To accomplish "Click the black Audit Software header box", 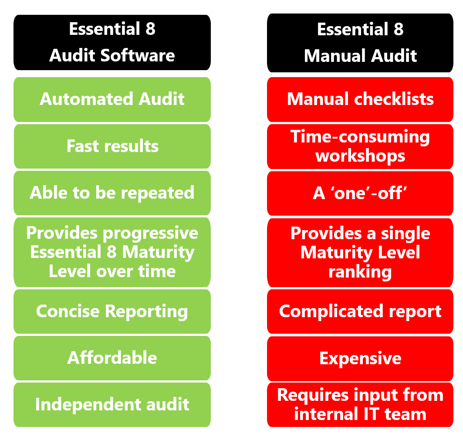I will click(x=112, y=42).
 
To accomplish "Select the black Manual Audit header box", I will click(x=360, y=43).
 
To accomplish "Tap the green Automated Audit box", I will click(x=112, y=99).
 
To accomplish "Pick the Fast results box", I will click(x=112, y=146).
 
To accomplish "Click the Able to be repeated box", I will click(x=112, y=193).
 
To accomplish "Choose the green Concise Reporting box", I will click(x=112, y=311).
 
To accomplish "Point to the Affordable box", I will click(x=112, y=358).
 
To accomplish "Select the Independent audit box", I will click(x=112, y=404).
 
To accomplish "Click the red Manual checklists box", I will click(x=360, y=99).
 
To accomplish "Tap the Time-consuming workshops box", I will click(x=360, y=146).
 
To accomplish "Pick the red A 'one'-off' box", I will click(x=360, y=193).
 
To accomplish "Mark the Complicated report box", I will click(x=360, y=311).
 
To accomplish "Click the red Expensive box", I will click(x=360, y=358).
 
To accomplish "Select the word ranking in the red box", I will click(x=360, y=271).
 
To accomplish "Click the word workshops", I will click(x=360, y=156).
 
